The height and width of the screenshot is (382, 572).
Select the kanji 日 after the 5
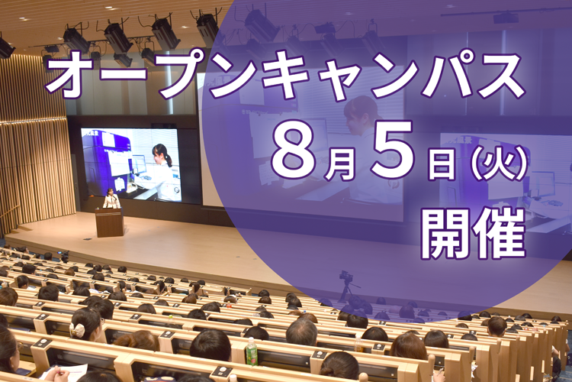(442, 163)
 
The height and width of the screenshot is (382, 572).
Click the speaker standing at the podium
(111, 199)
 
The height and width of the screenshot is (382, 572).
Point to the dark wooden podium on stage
(109, 222)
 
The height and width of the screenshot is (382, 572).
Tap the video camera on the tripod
(345, 277)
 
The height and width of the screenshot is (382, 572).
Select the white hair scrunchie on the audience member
(77, 330)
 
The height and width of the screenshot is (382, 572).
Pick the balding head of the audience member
(302, 331)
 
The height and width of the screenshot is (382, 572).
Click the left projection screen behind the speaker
(130, 164)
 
